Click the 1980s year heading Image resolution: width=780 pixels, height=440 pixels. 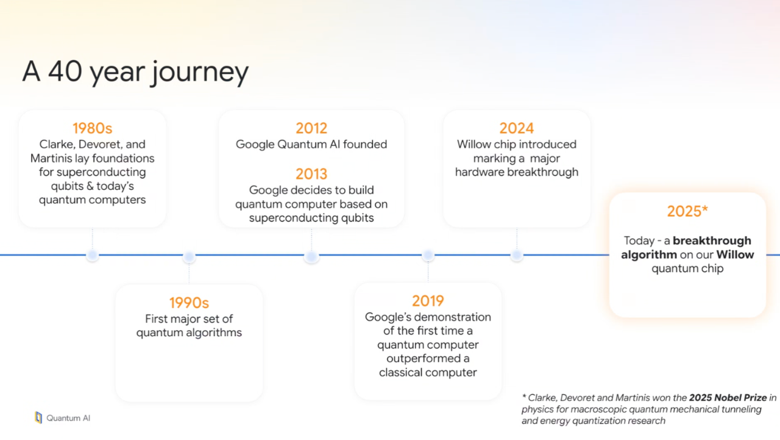(x=92, y=128)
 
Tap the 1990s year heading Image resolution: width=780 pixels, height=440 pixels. (x=189, y=303)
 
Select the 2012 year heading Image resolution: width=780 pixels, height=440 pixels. (x=311, y=128)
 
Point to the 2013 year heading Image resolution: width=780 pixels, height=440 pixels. (x=311, y=174)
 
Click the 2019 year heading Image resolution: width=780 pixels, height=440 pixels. (x=428, y=301)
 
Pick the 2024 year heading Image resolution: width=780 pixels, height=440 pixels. (x=516, y=128)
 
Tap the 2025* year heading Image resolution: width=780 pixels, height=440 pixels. (x=687, y=211)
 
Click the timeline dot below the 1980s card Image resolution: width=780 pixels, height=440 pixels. (x=92, y=255)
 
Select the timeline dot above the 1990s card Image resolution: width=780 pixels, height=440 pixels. (x=189, y=257)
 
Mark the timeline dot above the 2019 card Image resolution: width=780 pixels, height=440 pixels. (x=428, y=255)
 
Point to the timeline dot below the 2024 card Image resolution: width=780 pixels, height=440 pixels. (x=517, y=255)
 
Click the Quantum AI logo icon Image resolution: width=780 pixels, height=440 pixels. (x=38, y=417)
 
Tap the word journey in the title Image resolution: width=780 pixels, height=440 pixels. (x=200, y=73)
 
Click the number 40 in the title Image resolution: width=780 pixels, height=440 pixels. (x=65, y=71)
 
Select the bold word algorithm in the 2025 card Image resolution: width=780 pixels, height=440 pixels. (x=649, y=255)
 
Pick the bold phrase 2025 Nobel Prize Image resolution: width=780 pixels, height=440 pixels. (x=728, y=398)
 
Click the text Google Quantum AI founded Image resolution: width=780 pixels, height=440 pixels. (x=311, y=145)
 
